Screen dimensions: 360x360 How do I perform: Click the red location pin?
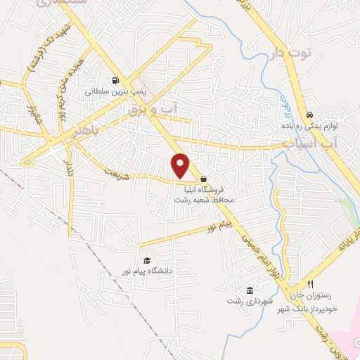[x=181, y=165]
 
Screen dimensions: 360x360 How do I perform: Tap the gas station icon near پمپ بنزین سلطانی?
[x=115, y=80]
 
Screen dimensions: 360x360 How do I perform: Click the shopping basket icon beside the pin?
[x=203, y=179]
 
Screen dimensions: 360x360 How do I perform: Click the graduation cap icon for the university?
[x=146, y=259]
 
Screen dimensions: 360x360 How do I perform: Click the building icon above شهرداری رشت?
[x=249, y=290]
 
